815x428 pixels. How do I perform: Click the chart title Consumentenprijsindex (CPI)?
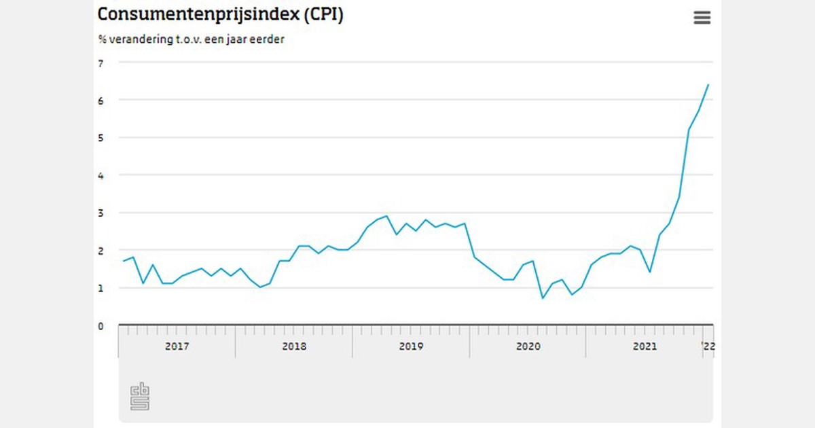(220, 15)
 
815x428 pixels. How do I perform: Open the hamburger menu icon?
(702, 18)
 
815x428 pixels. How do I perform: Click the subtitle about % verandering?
(191, 39)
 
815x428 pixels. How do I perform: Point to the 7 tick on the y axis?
(101, 63)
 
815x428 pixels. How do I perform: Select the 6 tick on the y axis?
(101, 101)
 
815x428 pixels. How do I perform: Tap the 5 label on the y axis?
(101, 138)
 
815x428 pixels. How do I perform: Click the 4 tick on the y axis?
(101, 175)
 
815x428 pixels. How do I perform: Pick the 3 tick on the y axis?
(101, 213)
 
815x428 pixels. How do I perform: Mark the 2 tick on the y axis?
(101, 251)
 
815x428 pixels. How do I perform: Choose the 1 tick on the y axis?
(101, 288)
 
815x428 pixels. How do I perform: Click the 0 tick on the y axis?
(101, 326)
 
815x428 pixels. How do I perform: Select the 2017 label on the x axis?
(177, 346)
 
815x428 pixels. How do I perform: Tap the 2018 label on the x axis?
(294, 346)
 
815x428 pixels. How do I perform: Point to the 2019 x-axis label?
(411, 346)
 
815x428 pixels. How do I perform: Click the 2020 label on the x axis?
(528, 346)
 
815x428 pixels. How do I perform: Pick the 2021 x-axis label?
(645, 346)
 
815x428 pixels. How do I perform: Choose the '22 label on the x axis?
(708, 346)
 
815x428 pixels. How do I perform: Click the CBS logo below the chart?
(139, 397)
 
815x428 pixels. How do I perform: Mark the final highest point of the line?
(708, 84)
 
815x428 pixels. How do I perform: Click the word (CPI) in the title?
(323, 15)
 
